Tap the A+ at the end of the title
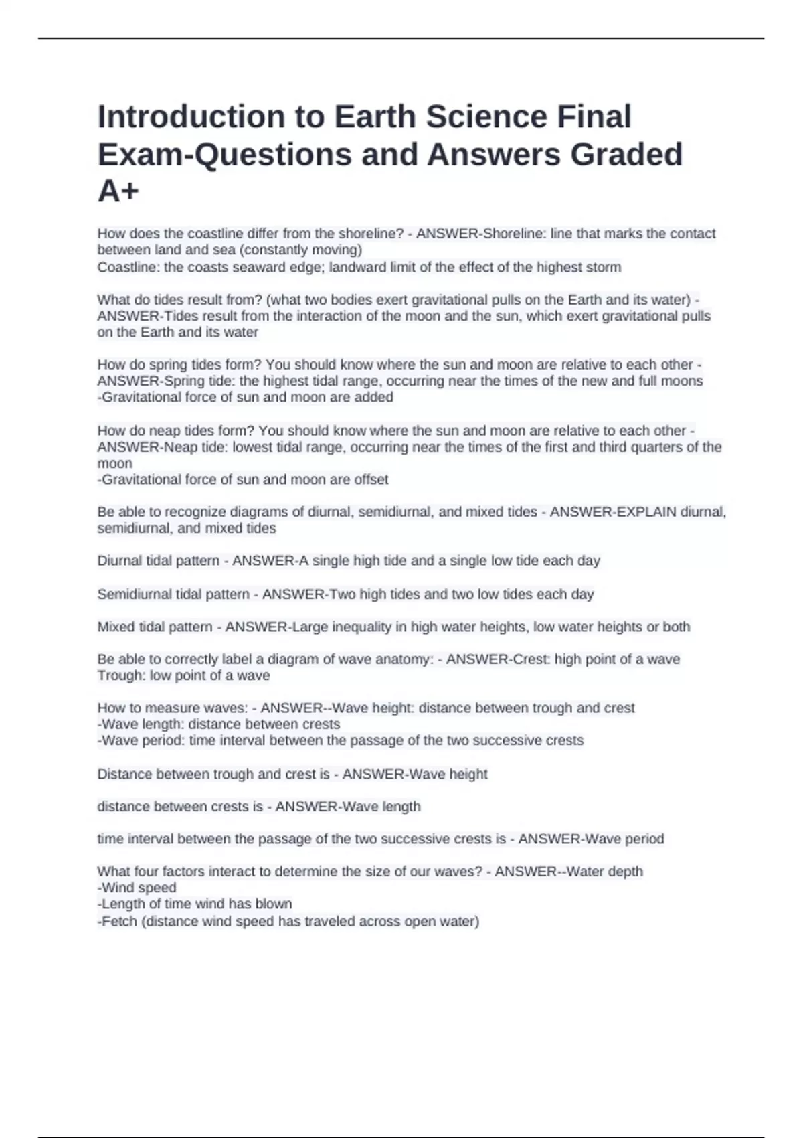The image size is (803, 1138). coord(118,191)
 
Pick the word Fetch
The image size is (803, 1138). coord(119,922)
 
